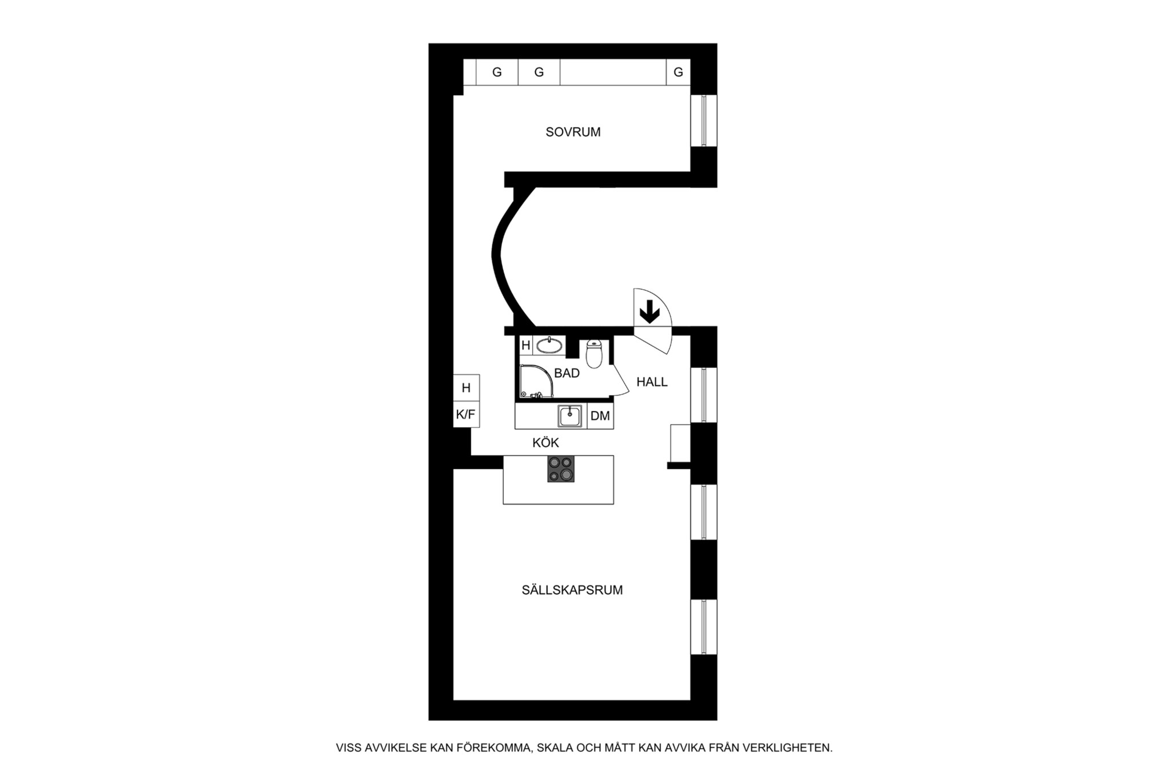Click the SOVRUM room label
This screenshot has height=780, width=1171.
tap(573, 132)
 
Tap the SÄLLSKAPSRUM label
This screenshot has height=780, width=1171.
tap(572, 590)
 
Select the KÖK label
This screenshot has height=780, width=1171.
tap(545, 442)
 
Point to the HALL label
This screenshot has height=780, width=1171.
tap(652, 382)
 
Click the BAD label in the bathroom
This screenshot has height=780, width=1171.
tap(567, 373)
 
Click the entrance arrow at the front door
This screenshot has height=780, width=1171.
tap(650, 313)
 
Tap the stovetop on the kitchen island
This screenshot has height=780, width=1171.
tap(560, 469)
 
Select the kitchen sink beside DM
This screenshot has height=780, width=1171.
tap(570, 416)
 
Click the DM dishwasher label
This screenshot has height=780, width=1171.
tap(600, 416)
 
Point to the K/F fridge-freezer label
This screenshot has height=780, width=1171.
tap(465, 414)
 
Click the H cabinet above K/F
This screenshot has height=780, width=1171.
tap(466, 388)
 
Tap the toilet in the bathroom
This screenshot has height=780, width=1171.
tap(595, 354)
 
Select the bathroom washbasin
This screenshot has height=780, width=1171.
tap(549, 345)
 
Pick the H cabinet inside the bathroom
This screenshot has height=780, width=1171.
tap(526, 346)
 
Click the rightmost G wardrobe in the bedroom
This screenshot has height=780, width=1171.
tap(678, 73)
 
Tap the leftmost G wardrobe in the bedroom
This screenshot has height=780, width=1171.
tap(497, 73)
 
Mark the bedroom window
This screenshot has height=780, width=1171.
tap(704, 121)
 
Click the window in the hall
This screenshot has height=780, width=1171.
tap(704, 395)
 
